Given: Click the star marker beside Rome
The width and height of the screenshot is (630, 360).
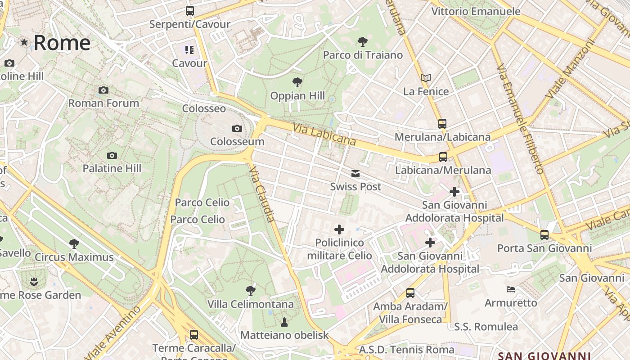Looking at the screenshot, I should click(x=24, y=42).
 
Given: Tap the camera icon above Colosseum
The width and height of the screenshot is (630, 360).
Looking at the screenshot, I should click(x=237, y=129).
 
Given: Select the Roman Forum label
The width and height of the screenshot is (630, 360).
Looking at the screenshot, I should click(x=103, y=103).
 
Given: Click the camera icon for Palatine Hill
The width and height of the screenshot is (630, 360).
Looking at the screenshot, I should click(x=112, y=156).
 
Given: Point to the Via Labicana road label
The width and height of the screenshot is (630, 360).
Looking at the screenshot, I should click(x=324, y=135).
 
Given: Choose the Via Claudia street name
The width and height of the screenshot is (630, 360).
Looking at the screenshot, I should click(x=261, y=194).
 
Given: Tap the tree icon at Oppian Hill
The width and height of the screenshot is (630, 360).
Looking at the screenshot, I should click(x=297, y=82).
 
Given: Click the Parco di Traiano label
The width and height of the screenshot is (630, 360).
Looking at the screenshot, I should click(x=363, y=55).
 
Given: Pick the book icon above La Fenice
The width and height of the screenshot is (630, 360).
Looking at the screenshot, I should click(x=426, y=78).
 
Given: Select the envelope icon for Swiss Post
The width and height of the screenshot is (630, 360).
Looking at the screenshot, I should click(x=355, y=174).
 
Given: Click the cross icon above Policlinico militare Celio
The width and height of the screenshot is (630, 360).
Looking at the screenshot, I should click(x=339, y=229).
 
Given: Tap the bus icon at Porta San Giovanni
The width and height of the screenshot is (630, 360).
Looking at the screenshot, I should click(x=544, y=235).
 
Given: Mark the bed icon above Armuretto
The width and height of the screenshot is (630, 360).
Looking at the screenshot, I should click(x=511, y=289).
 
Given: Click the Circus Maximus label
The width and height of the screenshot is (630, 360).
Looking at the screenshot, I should click(x=74, y=257).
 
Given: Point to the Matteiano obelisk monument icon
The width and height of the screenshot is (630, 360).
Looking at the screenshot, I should click(x=284, y=322).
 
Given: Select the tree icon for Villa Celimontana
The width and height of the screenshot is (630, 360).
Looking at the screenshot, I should click(x=251, y=291).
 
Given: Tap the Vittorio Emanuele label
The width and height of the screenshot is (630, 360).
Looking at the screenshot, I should click(x=476, y=12).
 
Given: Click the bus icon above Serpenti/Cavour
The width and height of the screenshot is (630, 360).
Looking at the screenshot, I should click(x=190, y=11).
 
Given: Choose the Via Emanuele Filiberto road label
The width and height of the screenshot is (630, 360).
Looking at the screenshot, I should click(x=521, y=119).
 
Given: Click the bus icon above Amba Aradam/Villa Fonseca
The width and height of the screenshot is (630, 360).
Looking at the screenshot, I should click(x=410, y=293).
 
